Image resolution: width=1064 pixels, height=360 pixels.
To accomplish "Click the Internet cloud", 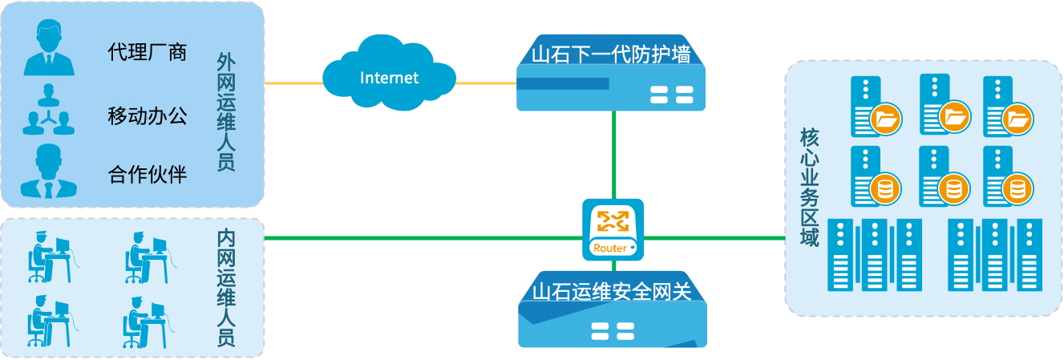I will coord(390,78).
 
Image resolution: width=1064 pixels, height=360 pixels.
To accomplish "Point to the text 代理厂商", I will coord(147,53).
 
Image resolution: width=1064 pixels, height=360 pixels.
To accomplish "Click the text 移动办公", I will coord(147,115).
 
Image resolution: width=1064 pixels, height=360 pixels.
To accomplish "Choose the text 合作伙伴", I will coord(147,173).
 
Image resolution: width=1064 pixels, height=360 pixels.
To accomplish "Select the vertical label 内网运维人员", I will coord(226,289).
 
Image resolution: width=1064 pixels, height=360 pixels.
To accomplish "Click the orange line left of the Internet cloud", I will coord(293,83).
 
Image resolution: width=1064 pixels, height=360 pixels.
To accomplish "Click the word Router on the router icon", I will coord(610,249).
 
